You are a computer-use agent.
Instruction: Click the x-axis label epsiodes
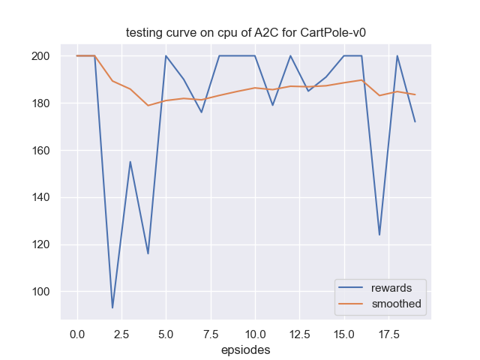(246, 349)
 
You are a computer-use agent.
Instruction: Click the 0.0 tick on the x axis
(77, 332)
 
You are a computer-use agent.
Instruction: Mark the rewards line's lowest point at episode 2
(112, 307)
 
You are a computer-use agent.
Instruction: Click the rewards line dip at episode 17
(379, 235)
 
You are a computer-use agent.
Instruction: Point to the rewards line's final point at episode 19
(415, 121)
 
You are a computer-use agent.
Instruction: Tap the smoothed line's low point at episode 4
(148, 105)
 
